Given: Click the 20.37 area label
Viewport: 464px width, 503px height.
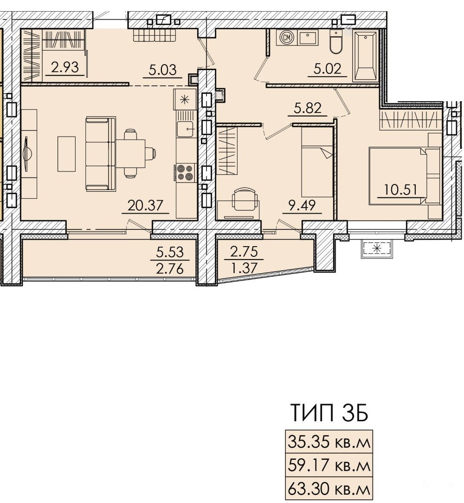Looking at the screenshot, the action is coord(146,205).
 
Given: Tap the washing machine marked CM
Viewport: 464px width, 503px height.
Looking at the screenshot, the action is coord(287,37).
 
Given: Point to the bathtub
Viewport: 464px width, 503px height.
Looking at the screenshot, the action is coord(365,57).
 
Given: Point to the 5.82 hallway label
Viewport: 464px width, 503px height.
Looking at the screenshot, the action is coord(308,108).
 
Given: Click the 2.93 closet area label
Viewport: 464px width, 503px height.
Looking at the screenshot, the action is coord(65,68).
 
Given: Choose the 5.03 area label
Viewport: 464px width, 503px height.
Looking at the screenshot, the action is coord(163,70).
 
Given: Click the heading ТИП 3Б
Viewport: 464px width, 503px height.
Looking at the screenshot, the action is coord(329,413).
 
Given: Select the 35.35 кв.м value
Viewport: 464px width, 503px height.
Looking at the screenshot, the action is coord(329,442).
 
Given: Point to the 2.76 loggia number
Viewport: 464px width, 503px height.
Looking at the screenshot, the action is coord(170,268).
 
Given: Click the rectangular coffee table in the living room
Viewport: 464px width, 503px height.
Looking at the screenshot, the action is coord(67,154).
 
